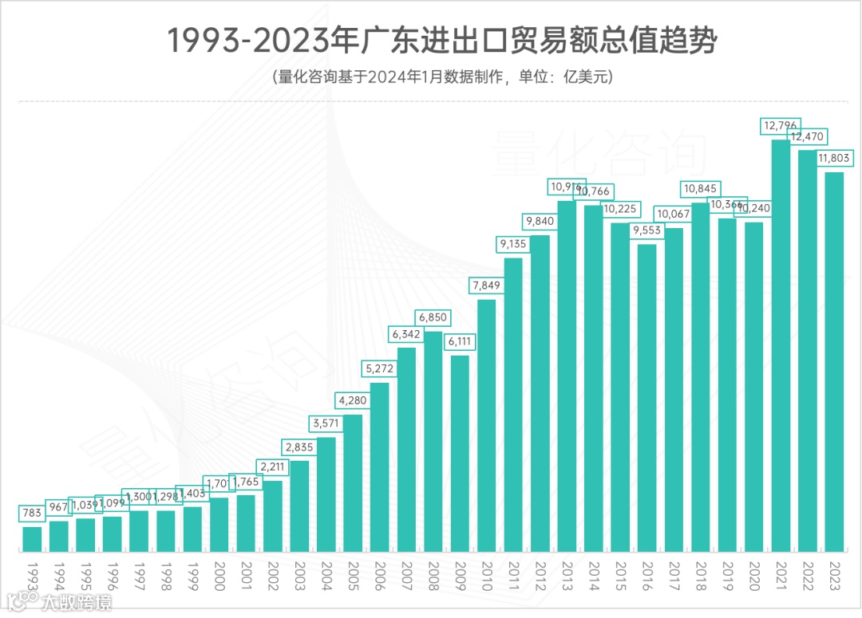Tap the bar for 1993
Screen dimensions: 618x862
point(32,539)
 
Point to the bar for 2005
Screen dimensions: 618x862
point(353,482)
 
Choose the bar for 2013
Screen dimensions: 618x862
point(567,376)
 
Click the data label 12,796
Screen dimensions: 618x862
point(781,126)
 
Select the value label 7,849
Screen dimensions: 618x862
point(487,285)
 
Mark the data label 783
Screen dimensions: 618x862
point(32,513)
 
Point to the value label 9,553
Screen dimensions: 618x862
point(647,230)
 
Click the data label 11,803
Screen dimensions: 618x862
point(835,159)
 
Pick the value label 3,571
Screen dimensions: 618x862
point(326,423)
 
